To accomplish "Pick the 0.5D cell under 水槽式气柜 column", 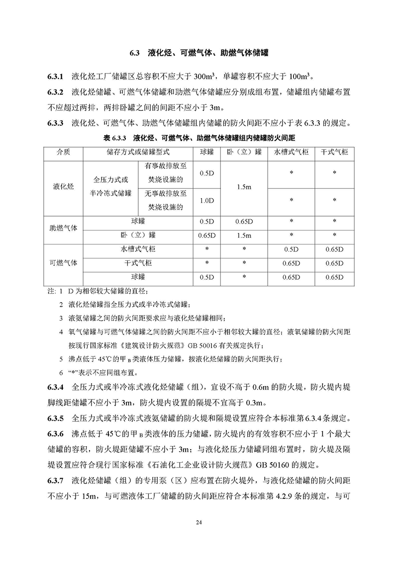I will coord(291,249).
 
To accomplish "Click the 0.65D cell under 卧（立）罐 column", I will coord(244,221).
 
